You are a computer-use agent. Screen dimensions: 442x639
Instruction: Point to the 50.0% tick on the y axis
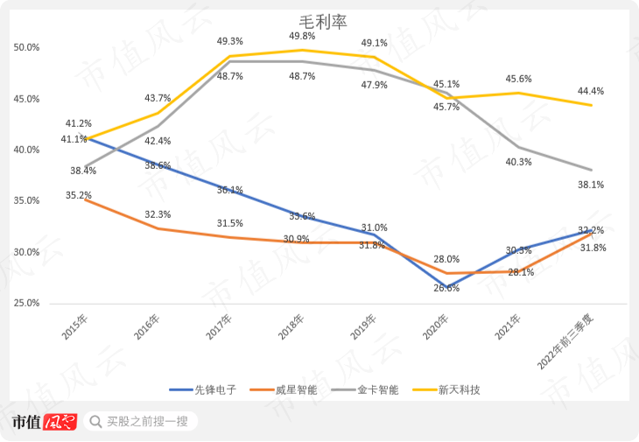point(26,47)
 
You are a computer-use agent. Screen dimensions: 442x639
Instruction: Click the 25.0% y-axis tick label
point(26,303)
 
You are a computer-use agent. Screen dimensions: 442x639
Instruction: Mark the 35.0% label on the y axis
point(26,200)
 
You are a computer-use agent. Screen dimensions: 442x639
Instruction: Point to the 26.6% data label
point(446,288)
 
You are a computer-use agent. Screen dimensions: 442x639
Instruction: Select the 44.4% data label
point(590,91)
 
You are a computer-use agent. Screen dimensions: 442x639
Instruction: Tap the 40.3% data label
point(518,161)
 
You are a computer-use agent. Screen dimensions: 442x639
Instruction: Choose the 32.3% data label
point(158,214)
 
